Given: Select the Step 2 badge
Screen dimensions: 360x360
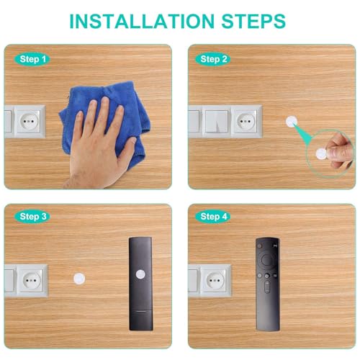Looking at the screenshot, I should click(x=214, y=58).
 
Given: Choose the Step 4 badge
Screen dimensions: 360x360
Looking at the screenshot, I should click(x=214, y=216).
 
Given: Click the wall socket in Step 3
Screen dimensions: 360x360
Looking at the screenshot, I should click(x=30, y=281).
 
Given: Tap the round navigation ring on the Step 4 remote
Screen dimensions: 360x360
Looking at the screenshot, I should click(x=266, y=260).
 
